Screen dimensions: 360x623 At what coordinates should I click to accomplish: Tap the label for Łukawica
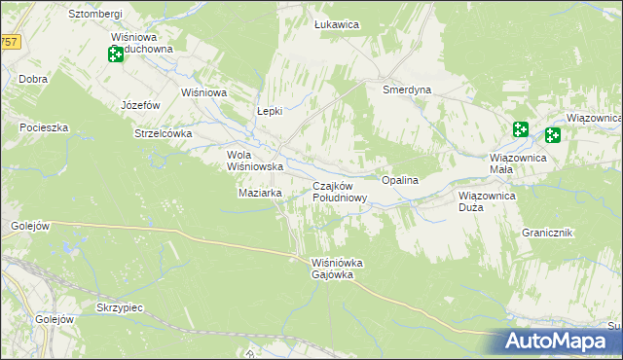pyautogui.click(x=338, y=24)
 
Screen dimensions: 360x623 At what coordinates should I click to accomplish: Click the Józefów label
pyautogui.click(x=139, y=104)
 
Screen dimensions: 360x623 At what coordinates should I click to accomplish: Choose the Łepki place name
pyautogui.click(x=269, y=111)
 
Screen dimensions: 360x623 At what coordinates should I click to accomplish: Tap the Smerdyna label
pyautogui.click(x=407, y=90)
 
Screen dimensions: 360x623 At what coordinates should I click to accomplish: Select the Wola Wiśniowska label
pyautogui.click(x=254, y=161)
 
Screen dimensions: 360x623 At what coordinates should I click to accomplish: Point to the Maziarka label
pyautogui.click(x=260, y=193)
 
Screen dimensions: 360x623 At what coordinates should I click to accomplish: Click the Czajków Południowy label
pyautogui.click(x=339, y=192)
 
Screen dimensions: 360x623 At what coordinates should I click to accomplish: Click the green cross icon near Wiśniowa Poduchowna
pyautogui.click(x=116, y=54)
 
